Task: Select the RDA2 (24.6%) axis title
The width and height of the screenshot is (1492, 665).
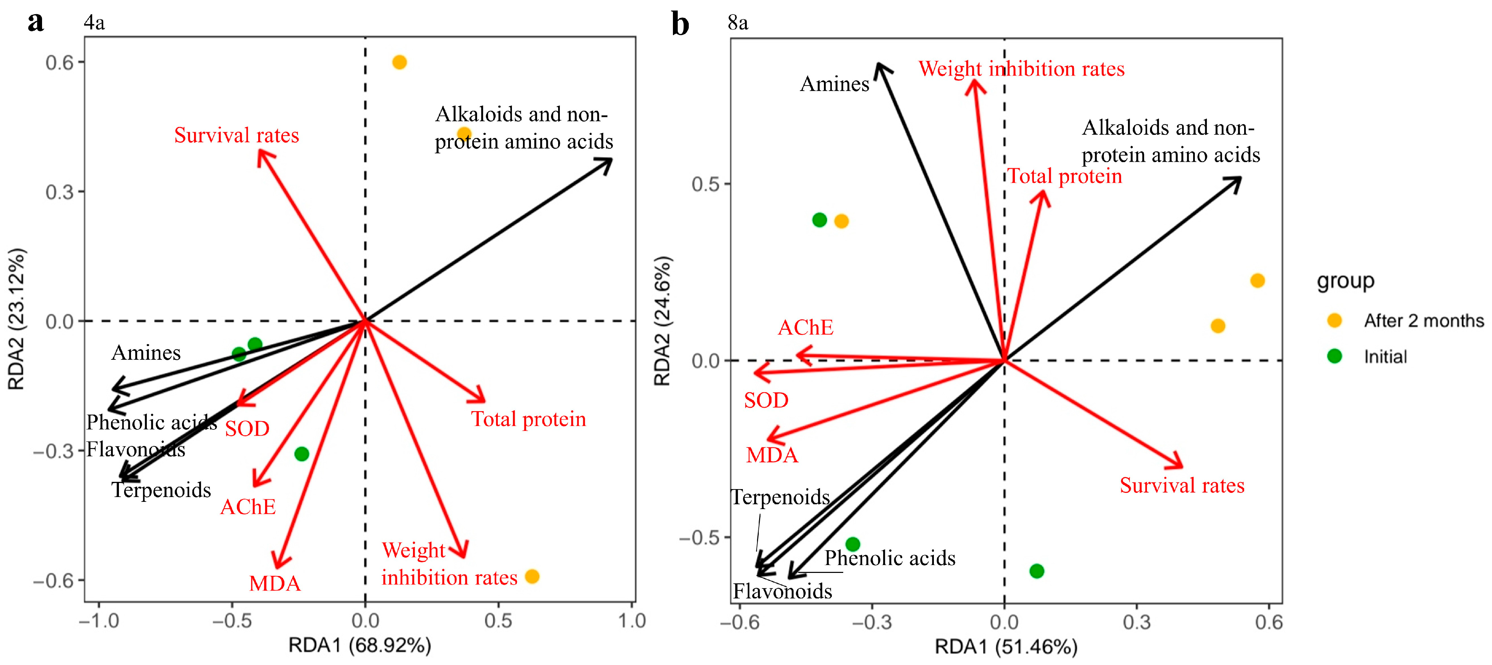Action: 662,321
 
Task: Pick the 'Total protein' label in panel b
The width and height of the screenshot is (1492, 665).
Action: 1065,176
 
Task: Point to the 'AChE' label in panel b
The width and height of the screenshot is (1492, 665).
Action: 805,328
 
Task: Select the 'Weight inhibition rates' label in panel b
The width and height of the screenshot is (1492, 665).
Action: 1021,69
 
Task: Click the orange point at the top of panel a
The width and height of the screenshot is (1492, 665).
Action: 399,62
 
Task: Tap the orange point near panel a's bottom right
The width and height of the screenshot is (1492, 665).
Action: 532,576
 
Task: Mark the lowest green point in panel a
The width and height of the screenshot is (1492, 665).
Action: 301,454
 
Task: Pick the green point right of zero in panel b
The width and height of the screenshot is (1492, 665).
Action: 1036,571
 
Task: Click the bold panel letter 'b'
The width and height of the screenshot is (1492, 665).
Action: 680,24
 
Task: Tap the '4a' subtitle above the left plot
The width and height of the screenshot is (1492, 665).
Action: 94,22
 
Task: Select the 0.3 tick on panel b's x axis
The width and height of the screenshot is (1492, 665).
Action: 1136,623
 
